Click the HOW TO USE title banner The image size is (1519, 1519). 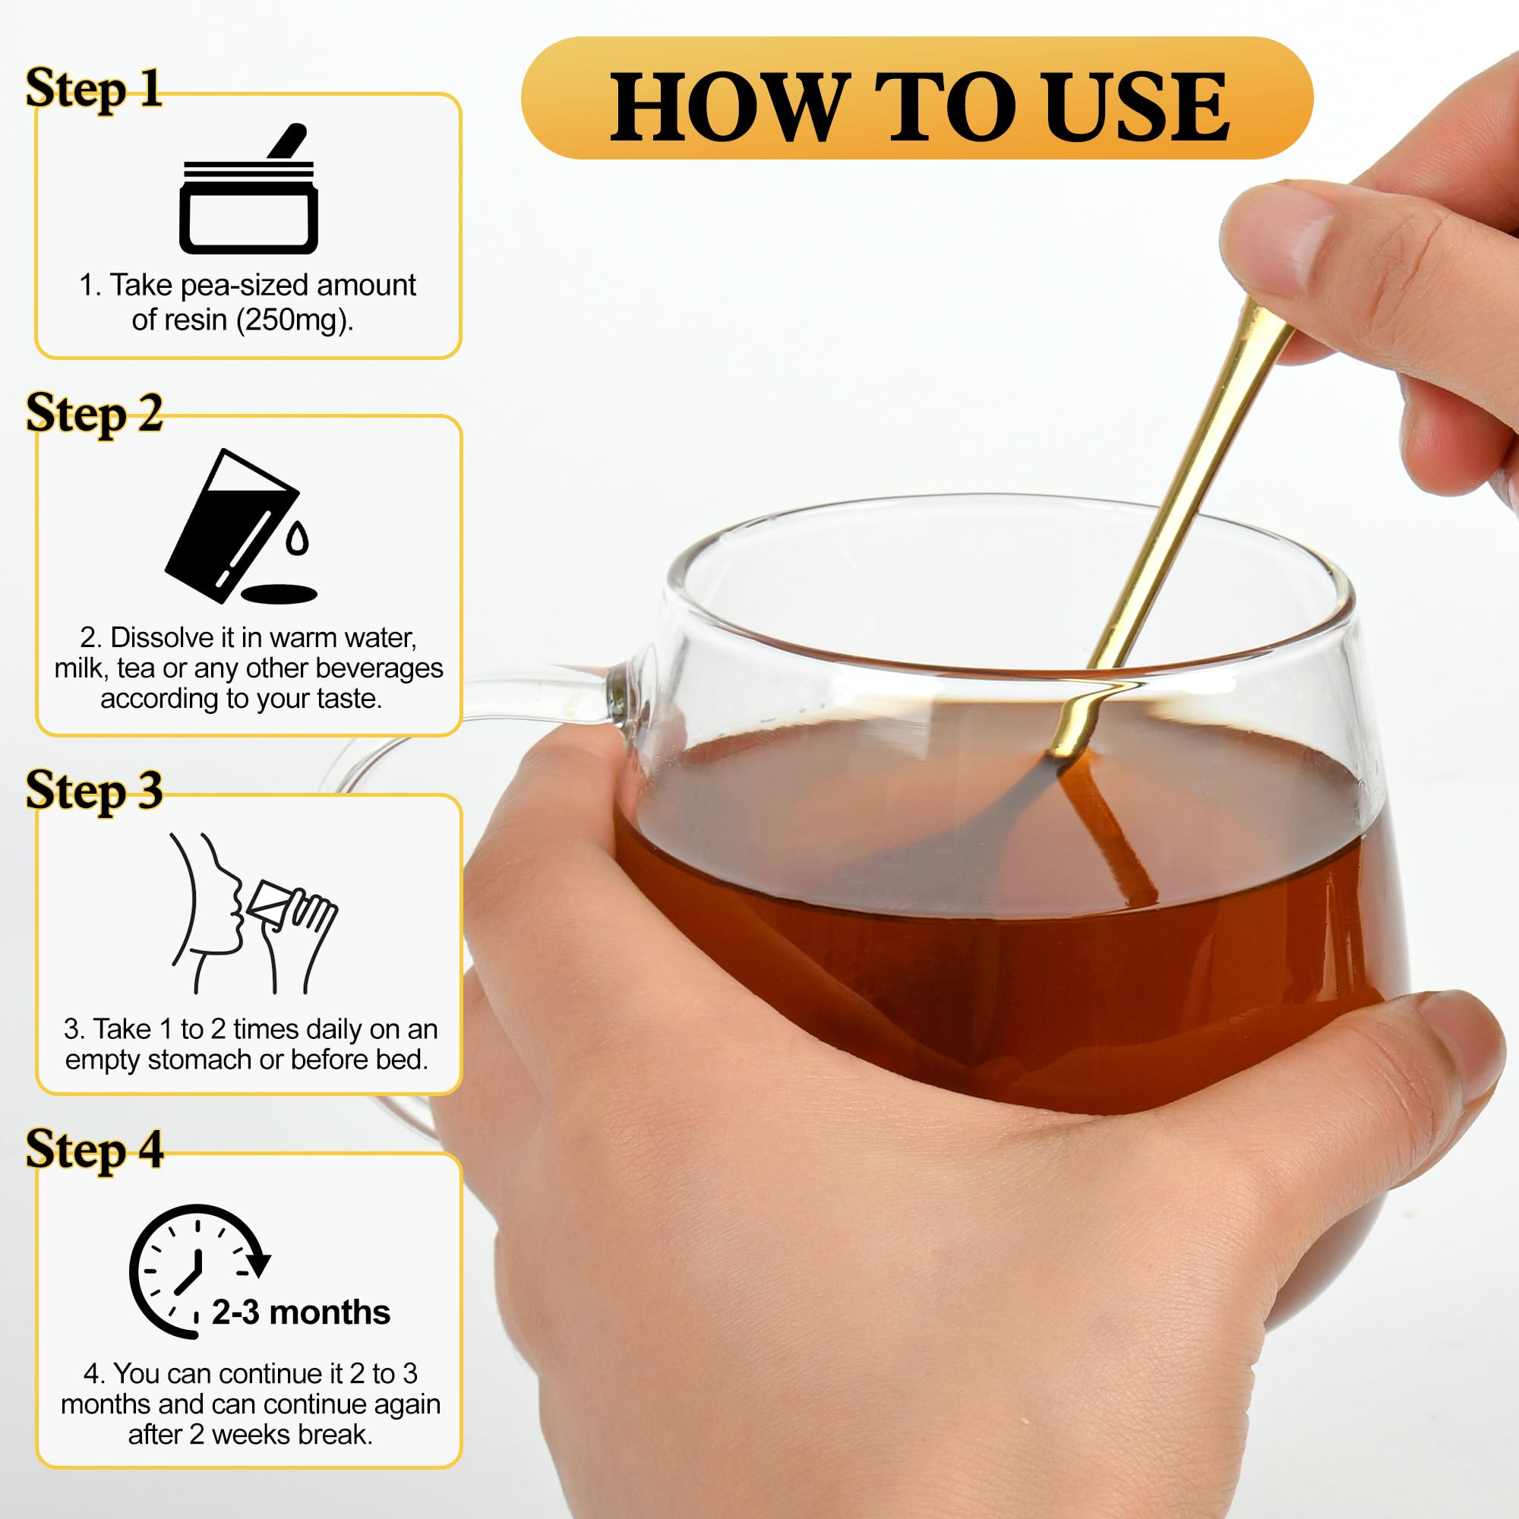[x=917, y=98]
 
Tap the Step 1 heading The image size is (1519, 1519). [x=94, y=88]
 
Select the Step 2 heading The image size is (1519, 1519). [x=94, y=412]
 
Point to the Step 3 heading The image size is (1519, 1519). [x=94, y=790]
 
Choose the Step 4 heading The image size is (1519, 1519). [x=94, y=1149]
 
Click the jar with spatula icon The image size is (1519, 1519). [x=248, y=188]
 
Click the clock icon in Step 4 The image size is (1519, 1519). [x=198, y=1271]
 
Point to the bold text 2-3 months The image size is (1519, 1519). [x=301, y=1312]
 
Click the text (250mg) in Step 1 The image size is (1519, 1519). [x=294, y=320]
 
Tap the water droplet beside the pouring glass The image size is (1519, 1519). [x=297, y=538]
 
